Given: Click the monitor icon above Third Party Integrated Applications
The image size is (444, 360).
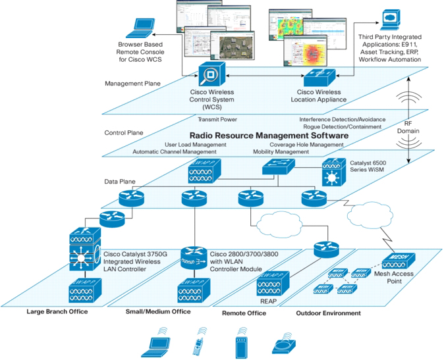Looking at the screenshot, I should click(393, 17).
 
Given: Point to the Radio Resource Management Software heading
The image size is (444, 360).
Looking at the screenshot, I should click(264, 135).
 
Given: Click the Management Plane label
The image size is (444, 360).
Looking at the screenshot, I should click(132, 84).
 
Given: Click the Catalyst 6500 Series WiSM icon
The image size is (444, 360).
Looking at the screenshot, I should click(334, 172).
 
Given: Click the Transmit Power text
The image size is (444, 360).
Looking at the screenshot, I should click(217, 120).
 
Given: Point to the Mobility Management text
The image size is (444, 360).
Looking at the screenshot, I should click(280, 151).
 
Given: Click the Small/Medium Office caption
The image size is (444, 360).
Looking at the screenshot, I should click(159, 312).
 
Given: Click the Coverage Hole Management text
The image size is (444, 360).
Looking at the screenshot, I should click(306, 145).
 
